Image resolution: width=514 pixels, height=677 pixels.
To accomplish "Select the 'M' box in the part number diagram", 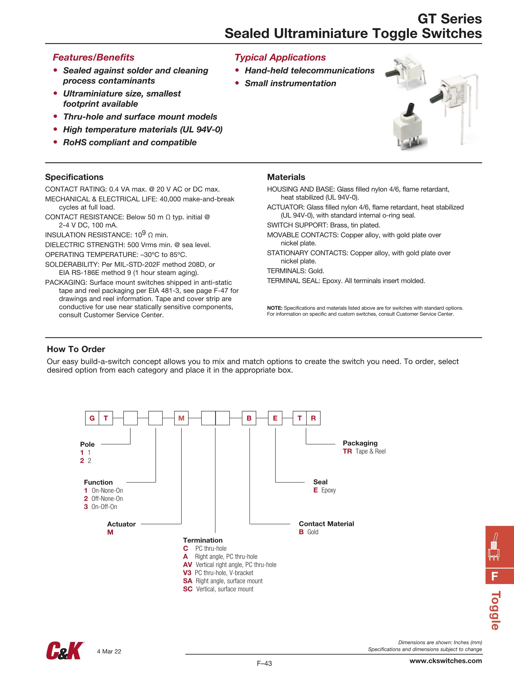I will tap(181, 418).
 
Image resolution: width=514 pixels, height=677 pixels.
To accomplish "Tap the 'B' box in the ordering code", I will tap(249, 418).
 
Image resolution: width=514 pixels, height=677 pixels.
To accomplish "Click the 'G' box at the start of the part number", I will tap(92, 418).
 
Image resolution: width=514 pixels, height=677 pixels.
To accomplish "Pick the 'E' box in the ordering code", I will tap(275, 418).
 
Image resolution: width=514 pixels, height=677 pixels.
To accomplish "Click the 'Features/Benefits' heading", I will tap(93, 57).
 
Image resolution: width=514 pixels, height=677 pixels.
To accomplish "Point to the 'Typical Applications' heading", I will tap(280, 57).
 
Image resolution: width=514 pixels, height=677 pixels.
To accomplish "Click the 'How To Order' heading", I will tap(76, 349).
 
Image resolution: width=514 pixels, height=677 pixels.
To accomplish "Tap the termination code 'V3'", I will tap(187, 573).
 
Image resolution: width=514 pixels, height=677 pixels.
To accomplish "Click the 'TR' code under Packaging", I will tap(347, 451).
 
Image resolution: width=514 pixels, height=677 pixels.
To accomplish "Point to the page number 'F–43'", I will tap(264, 663).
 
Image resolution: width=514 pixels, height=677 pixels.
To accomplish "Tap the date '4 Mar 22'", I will tap(109, 651).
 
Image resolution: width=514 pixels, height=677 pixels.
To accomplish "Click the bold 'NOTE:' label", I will tap(275, 308).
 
